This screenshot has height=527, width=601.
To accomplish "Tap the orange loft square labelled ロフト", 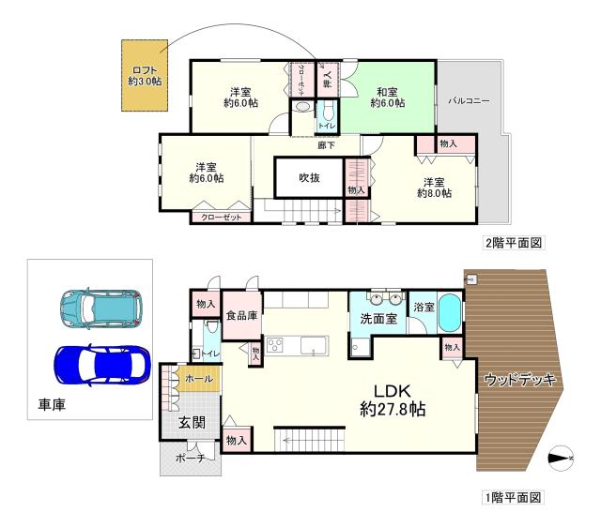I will click(145, 76).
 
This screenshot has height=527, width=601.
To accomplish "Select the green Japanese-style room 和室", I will click(387, 98).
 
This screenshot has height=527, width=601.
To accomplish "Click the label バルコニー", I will click(470, 98).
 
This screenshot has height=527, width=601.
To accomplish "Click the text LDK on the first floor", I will click(393, 390).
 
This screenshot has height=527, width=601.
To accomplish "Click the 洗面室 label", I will click(378, 319).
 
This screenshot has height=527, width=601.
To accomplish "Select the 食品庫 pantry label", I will click(241, 316).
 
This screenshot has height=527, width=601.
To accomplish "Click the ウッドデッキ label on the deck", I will click(520, 380).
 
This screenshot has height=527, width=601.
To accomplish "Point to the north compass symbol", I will click(560, 458).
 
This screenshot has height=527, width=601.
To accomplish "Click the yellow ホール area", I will click(199, 378).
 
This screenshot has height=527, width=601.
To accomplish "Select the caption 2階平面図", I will click(515, 243).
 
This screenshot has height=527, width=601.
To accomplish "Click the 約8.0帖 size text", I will click(434, 193).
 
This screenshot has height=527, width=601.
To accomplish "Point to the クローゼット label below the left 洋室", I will click(222, 217).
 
